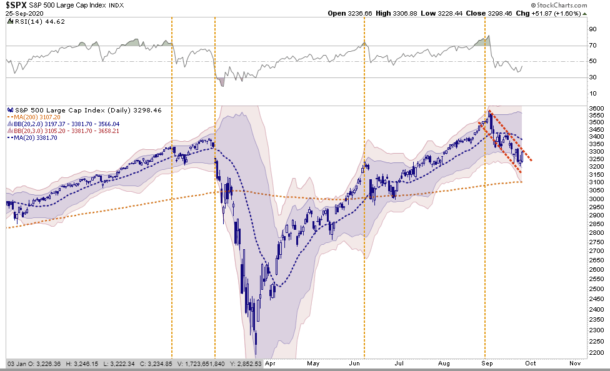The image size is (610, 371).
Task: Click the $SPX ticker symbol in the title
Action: point(17,6)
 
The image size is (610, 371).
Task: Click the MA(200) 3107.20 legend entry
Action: point(35,117)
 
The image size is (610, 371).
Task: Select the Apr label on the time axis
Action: point(270,362)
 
